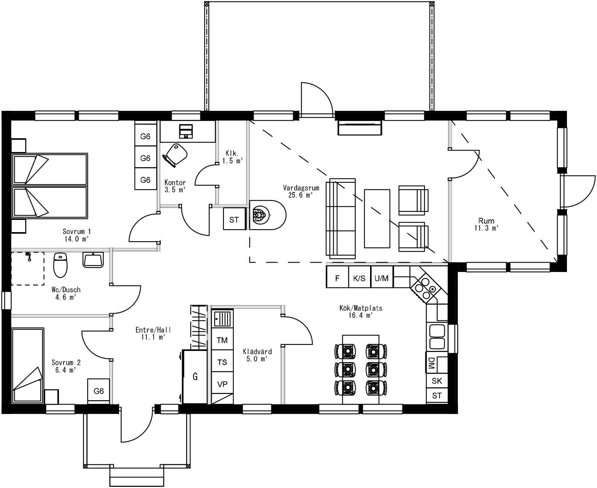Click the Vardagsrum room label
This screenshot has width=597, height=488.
point(298,191)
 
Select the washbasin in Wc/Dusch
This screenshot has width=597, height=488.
point(93,260)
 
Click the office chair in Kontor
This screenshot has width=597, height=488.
point(175,154)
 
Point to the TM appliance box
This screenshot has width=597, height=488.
point(222,340)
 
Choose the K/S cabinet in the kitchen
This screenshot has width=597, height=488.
point(359,278)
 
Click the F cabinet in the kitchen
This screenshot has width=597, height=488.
point(337,278)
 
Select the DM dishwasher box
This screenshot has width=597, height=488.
point(431,363)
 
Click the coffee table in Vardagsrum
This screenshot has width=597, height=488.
point(377,219)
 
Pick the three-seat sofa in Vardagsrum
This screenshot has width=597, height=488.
point(341,219)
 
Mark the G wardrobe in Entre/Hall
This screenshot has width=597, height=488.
point(195,376)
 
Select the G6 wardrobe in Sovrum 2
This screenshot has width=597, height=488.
point(98,391)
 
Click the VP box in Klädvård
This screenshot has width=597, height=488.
point(222,384)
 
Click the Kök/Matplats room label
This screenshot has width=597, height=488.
point(360,311)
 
